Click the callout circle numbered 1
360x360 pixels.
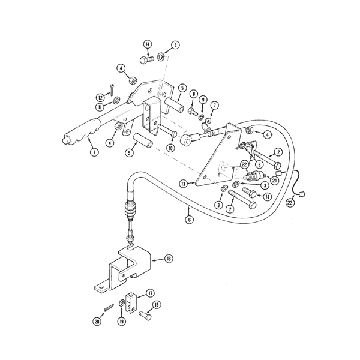click(x=93, y=152)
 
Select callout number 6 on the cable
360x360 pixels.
click(x=190, y=220)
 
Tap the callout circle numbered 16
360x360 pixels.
click(x=169, y=259)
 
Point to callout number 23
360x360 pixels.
click(x=290, y=203)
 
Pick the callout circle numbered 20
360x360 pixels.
click(x=97, y=322)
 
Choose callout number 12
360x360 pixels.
click(x=100, y=98)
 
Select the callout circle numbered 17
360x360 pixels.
click(x=151, y=293)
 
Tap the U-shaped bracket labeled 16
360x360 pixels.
click(x=126, y=267)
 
